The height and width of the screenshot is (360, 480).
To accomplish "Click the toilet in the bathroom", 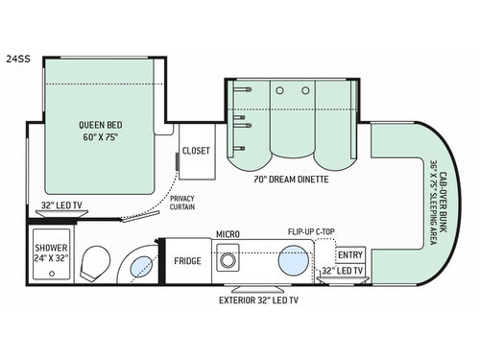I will click(96, 263).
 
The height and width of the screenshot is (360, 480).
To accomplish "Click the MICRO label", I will click(228, 234).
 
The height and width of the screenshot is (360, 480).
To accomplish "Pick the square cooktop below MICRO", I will click(228, 260).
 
